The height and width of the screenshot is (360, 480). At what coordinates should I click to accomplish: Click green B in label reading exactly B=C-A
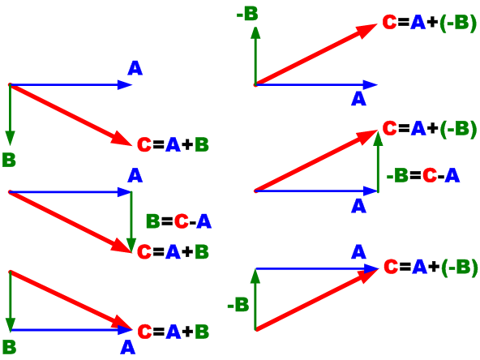(152, 221)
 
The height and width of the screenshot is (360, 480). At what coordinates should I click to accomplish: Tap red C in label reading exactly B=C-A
(182, 221)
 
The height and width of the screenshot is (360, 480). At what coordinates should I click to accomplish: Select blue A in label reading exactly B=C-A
(204, 221)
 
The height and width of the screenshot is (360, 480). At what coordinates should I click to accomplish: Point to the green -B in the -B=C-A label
(397, 176)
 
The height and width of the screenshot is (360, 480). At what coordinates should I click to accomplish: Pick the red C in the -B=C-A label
(430, 176)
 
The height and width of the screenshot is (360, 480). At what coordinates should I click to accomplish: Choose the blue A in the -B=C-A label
(452, 176)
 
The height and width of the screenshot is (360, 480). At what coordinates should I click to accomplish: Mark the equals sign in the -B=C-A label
(415, 176)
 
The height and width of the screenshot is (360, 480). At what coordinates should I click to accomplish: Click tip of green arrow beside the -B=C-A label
(379, 131)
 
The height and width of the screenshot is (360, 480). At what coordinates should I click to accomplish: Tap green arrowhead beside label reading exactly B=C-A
(131, 246)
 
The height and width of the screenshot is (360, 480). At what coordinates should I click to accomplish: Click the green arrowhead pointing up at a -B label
(255, 32)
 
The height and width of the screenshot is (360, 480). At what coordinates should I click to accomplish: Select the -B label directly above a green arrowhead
(247, 14)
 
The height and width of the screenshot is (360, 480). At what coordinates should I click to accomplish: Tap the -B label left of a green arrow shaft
(238, 305)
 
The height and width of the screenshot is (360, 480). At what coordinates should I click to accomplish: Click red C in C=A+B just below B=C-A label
(144, 251)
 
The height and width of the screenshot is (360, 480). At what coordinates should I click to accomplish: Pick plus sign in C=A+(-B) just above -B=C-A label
(432, 128)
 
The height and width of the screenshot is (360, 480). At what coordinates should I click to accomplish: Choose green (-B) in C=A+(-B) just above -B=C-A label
(458, 129)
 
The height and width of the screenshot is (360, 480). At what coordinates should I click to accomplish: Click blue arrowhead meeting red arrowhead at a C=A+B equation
(125, 330)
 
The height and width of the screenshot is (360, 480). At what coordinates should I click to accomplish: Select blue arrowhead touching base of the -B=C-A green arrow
(370, 191)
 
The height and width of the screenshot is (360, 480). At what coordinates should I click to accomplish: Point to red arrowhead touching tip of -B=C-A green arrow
(367, 136)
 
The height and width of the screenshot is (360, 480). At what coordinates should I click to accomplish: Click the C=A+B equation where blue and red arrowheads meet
(174, 332)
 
